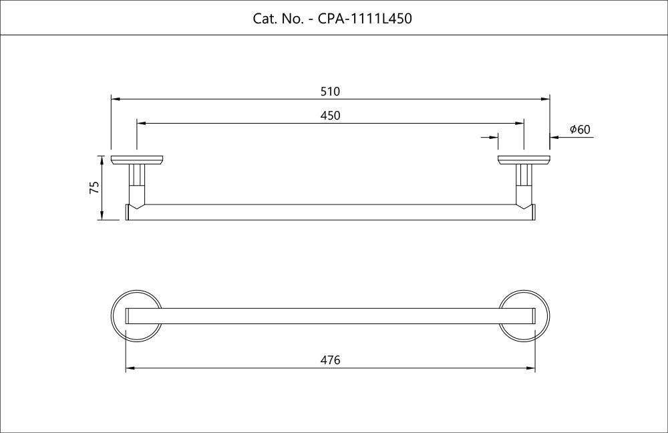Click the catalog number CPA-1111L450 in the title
coord(364,18)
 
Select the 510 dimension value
coord(331,91)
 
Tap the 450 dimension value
coord(331,116)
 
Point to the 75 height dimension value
coord(94,188)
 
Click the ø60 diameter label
coord(580,130)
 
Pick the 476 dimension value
coord(331,360)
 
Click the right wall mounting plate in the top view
coord(524,160)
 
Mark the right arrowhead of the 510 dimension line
coord(546,99)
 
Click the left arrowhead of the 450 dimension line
coord(140,124)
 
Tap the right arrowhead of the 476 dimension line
coord(531,368)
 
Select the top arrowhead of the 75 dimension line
coord(102,159)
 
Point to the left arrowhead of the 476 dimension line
coord(130,368)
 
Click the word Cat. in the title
coord(265,18)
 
